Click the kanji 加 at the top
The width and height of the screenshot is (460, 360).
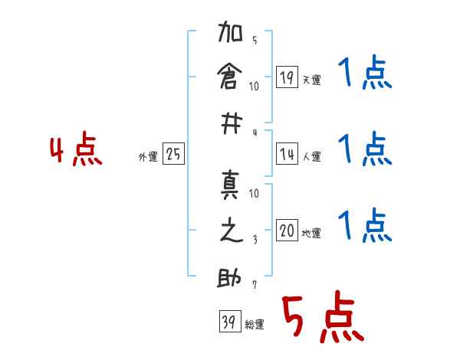[x=230, y=35]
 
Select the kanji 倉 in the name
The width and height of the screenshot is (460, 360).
[x=230, y=77]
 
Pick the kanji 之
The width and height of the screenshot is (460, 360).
[x=230, y=231]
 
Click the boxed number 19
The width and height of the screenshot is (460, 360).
[x=286, y=77]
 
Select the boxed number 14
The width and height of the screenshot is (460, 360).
[x=286, y=154]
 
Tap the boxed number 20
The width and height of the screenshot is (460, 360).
[x=286, y=231]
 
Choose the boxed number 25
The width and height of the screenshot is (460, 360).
[x=173, y=154]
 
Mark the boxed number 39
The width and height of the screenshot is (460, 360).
[x=227, y=322]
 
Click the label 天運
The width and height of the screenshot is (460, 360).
[x=311, y=80]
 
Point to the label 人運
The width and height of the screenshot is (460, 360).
[x=311, y=157]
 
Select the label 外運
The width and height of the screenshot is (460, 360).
[x=148, y=157]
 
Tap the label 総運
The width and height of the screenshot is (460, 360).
[x=255, y=325]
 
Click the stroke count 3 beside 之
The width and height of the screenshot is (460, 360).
[x=255, y=238]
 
